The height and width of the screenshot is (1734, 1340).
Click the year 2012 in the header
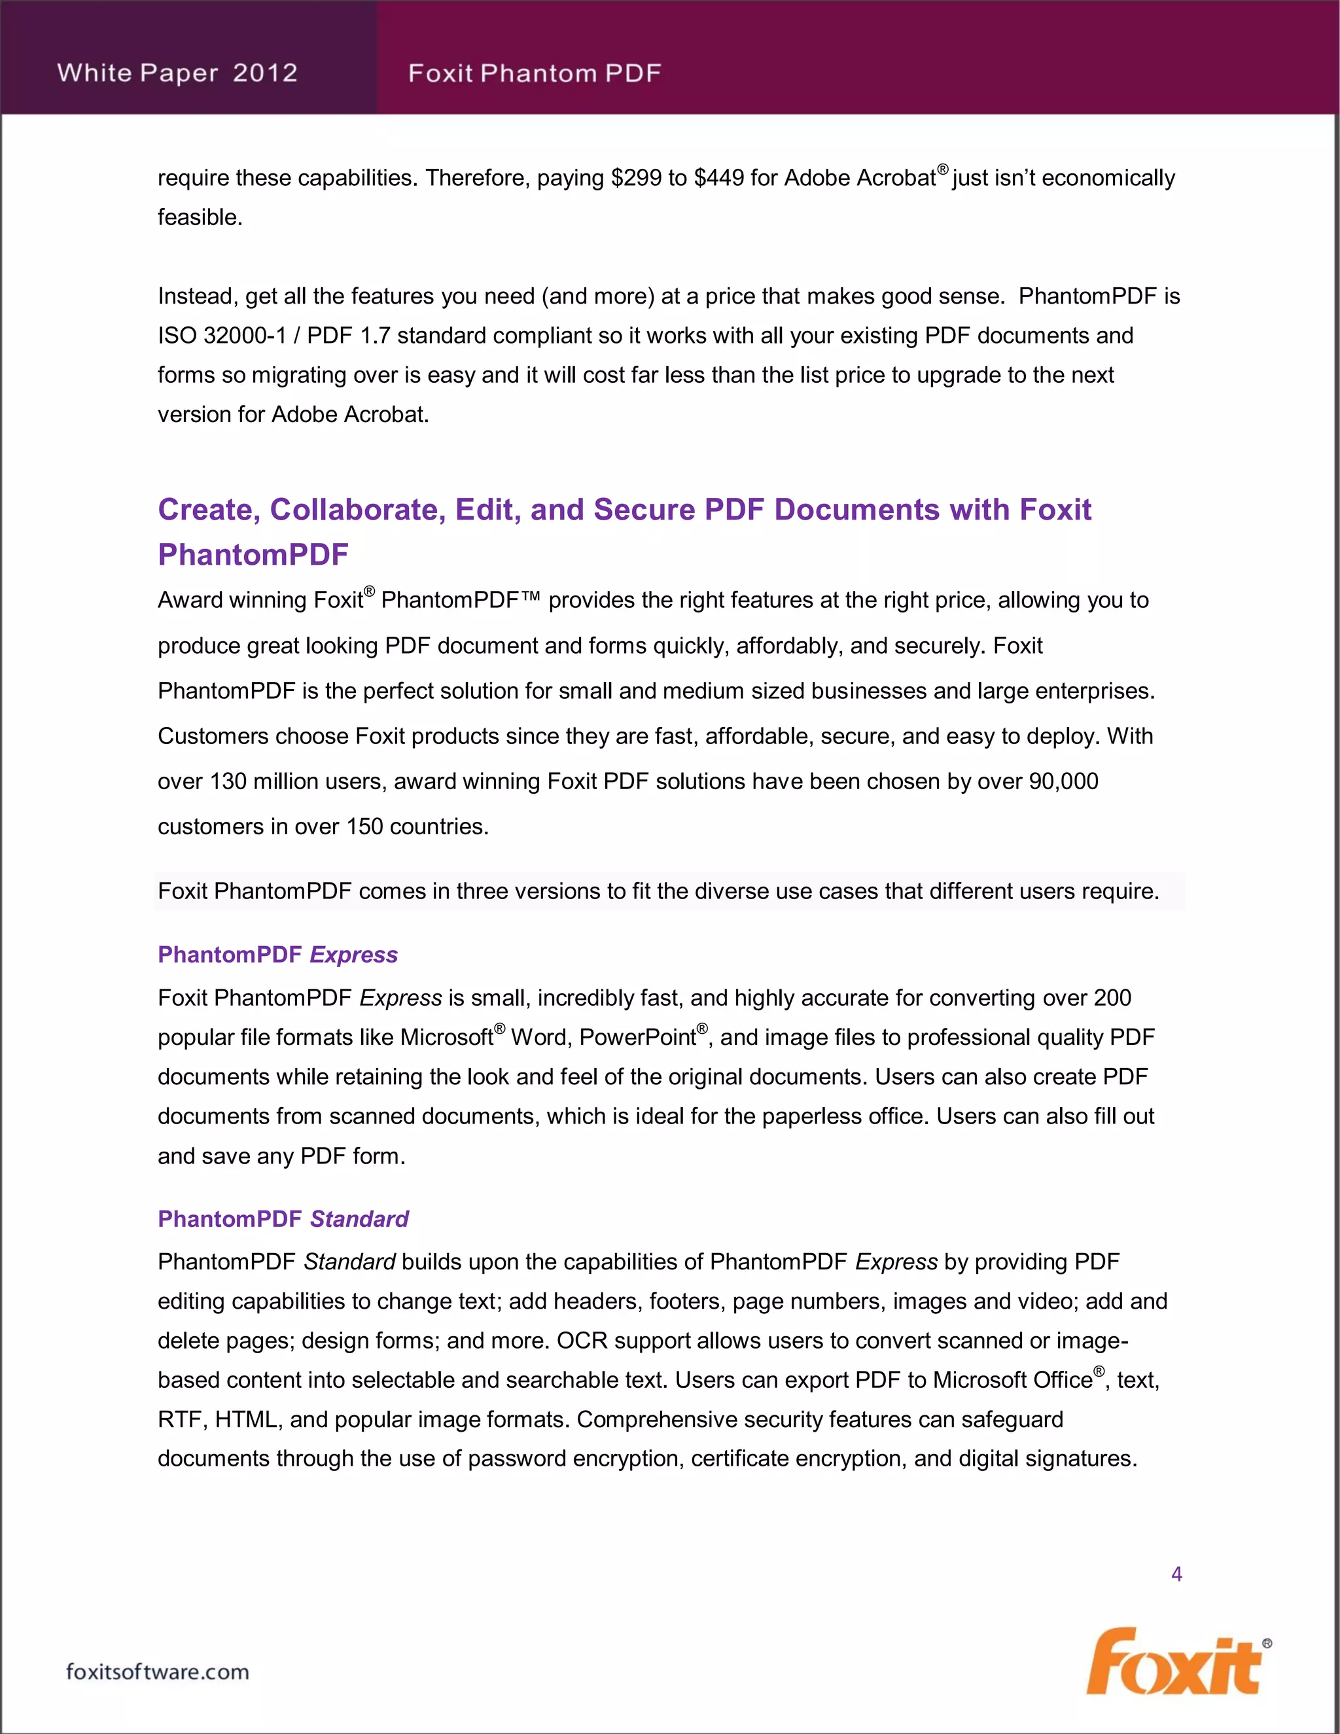click(x=265, y=73)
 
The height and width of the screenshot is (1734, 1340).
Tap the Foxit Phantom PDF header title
click(x=535, y=74)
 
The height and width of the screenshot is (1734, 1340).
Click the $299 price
click(x=636, y=178)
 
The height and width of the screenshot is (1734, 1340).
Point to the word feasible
click(x=200, y=217)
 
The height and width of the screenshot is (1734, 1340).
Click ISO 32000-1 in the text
click(x=222, y=336)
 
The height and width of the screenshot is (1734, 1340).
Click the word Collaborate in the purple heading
click(x=358, y=510)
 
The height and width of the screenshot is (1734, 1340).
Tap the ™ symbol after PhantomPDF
click(x=530, y=599)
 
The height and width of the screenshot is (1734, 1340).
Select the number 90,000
click(x=1063, y=782)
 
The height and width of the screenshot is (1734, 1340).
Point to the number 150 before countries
click(x=364, y=827)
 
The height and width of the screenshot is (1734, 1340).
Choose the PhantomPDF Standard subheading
click(x=283, y=1219)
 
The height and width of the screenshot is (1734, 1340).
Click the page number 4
click(x=1176, y=1574)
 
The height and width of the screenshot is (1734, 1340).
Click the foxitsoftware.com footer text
click(x=157, y=1672)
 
